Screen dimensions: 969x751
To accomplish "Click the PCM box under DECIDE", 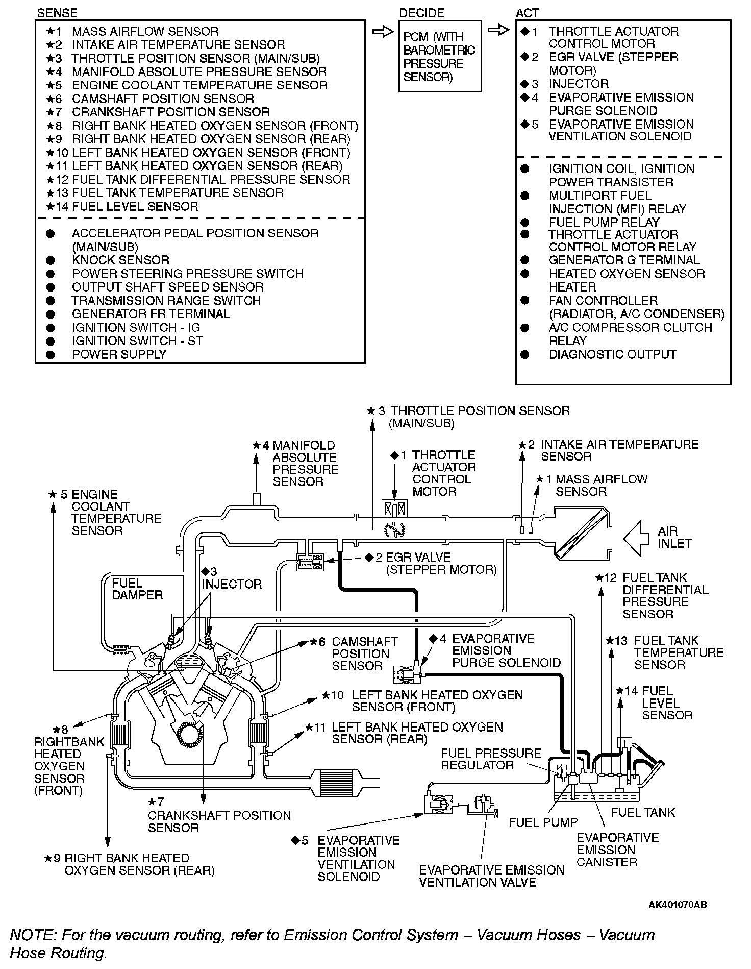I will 439,56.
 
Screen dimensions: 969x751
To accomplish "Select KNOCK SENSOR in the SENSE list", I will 120,260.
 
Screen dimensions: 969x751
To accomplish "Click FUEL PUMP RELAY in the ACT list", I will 604,223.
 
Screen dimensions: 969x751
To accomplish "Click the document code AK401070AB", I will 677,905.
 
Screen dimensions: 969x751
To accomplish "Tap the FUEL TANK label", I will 642,812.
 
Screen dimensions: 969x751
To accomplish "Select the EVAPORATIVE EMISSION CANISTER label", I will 617,850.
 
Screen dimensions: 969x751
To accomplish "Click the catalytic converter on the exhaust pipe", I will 333,782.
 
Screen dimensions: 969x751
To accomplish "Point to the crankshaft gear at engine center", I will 189,735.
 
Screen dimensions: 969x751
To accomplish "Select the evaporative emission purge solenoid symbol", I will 407,674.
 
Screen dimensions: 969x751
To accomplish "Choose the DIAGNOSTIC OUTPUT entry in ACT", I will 612,355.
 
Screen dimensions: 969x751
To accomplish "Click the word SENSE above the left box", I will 57,13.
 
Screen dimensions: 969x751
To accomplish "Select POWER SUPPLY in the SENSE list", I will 119,355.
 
